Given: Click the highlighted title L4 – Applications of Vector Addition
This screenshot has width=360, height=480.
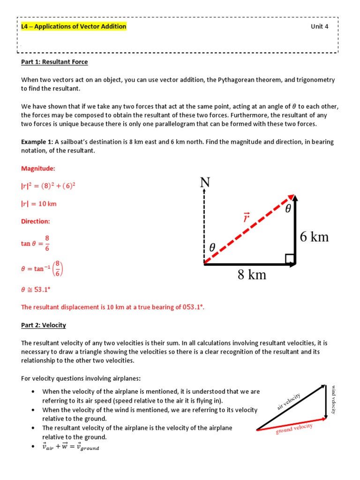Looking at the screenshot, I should point(74,27).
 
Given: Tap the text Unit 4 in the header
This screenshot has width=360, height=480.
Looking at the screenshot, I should point(320,27).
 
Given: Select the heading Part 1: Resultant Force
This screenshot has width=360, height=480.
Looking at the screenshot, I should point(54,62).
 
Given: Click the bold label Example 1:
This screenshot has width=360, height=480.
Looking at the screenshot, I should point(37,142).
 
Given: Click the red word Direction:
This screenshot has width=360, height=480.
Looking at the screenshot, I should point(35,221).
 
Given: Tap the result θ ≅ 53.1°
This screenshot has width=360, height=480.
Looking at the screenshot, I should point(36,290).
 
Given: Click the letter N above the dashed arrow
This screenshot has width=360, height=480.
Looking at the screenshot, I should point(204,183).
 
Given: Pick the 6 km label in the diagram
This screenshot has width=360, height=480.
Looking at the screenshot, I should point(314,237).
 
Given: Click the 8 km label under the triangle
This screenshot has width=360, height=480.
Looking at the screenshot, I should point(252,275).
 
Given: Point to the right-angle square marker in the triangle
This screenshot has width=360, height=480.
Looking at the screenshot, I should point(290,259).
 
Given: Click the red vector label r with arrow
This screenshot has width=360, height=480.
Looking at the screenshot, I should point(246,217).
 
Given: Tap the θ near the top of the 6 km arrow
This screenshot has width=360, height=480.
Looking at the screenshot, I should point(288,209).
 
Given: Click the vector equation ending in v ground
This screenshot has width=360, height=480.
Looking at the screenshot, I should point(71,447).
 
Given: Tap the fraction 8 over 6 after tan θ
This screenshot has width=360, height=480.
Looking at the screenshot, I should point(47,243).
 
